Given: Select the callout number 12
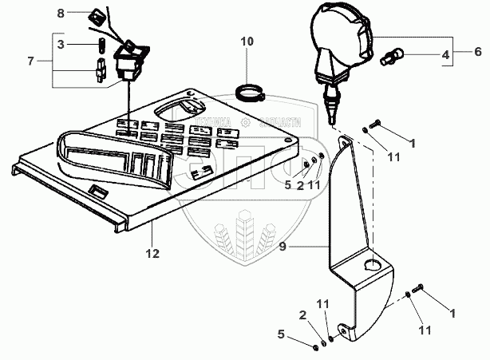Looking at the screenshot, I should pyautogui.click(x=152, y=254).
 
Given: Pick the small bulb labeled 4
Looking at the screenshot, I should pyautogui.click(x=393, y=58).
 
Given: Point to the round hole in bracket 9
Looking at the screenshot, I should pyautogui.click(x=372, y=264).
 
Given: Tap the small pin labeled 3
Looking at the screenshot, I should pyautogui.click(x=101, y=45).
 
